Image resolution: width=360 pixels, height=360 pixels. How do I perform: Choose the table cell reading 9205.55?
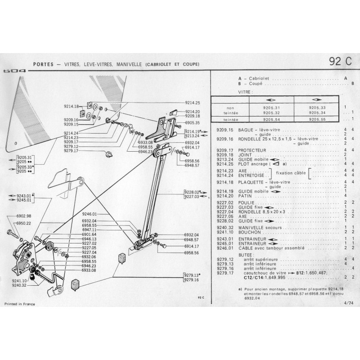point(317,120)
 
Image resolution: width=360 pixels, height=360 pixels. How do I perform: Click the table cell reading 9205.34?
point(317,112)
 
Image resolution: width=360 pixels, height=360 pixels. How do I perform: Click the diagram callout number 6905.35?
point(192,122)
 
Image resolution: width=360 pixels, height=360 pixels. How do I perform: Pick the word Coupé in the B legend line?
point(245,83)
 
